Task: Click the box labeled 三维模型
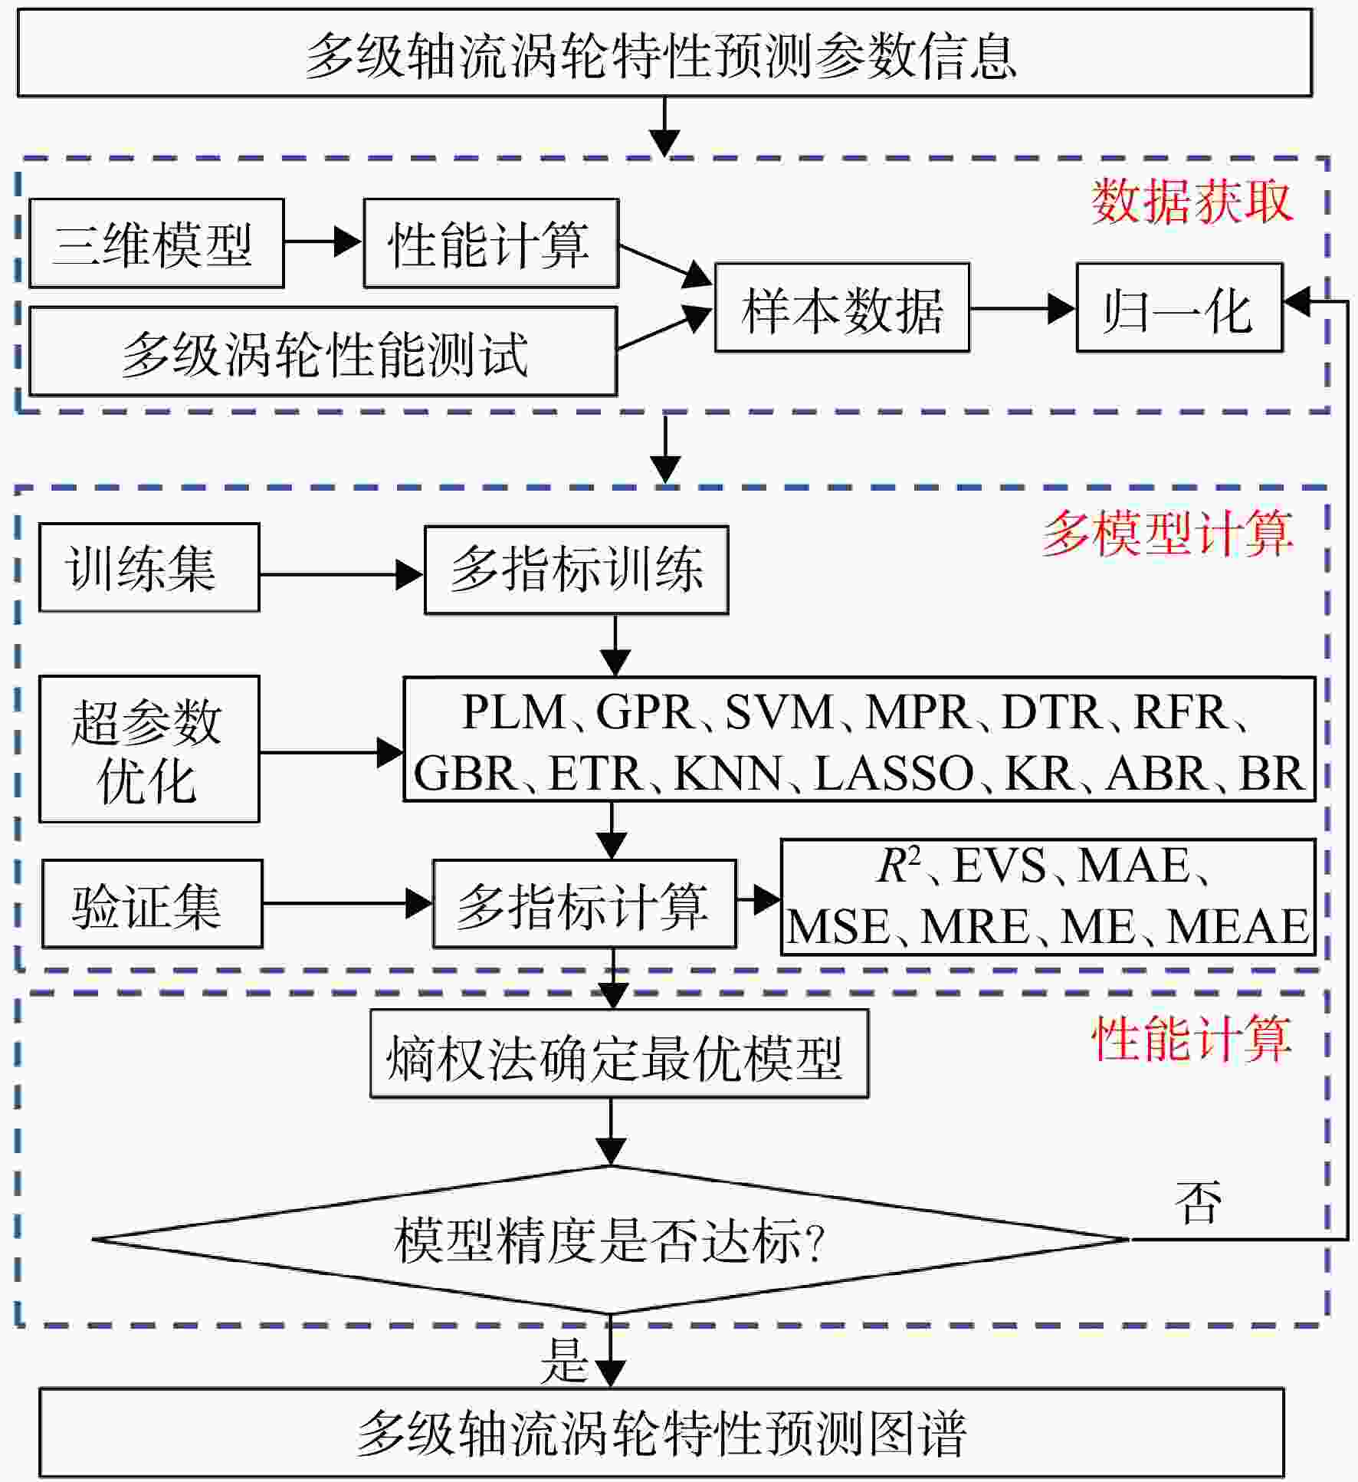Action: (156, 243)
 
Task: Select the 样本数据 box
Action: (842, 307)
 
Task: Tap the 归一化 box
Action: (1179, 307)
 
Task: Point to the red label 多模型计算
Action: (1168, 534)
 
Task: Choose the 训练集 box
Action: (149, 567)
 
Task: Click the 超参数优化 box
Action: (149, 749)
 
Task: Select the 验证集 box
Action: (153, 903)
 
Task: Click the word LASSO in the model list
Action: (894, 773)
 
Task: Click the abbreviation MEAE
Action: (1237, 926)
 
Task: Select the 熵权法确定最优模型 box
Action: (619, 1053)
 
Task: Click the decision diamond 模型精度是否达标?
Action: (611, 1239)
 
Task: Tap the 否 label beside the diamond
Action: (1198, 1202)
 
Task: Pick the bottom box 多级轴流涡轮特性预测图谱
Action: (662, 1432)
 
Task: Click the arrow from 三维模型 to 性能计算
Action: (323, 242)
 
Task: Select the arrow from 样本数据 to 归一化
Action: (1022, 308)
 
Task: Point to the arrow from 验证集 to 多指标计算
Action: (347, 903)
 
